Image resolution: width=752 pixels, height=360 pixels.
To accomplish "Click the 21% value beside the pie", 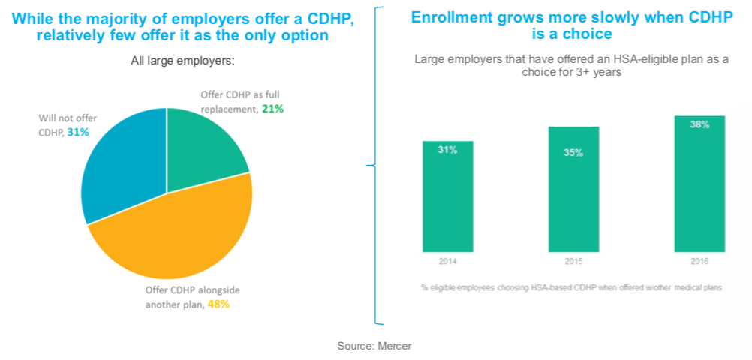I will [x=272, y=109].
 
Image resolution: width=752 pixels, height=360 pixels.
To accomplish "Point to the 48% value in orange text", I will [x=219, y=304].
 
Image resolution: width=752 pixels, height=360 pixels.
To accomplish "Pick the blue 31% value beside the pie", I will [x=78, y=132].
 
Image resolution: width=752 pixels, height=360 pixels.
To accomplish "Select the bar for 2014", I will [x=448, y=196].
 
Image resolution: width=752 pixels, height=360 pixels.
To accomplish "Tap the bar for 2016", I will [x=699, y=184].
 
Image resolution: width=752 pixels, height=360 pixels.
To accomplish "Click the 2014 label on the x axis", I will [x=447, y=262].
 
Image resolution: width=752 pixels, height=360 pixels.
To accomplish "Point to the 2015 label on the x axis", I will [x=573, y=262].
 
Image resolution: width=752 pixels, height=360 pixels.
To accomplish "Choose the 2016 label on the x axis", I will [x=699, y=262].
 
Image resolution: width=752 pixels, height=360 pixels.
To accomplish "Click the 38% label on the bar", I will [x=699, y=125].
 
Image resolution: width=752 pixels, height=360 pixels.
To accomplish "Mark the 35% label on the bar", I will [x=573, y=153].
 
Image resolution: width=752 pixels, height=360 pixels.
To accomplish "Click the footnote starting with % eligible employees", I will [x=571, y=288].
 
